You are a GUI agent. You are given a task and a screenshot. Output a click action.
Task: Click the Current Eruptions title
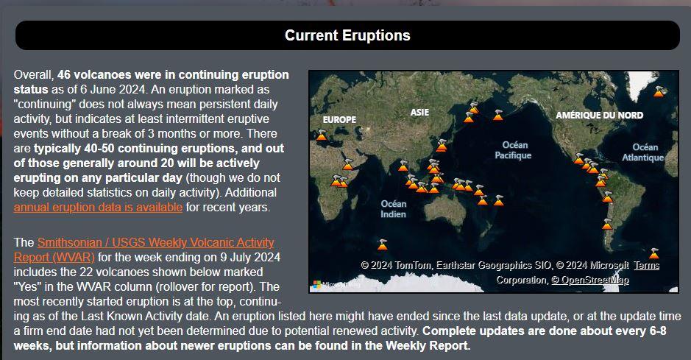[x=347, y=35]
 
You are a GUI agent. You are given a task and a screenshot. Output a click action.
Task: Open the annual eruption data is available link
[x=98, y=207]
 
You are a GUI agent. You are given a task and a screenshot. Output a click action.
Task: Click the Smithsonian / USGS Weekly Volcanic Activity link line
[x=155, y=242]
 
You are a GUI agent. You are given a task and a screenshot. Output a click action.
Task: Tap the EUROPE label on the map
[x=339, y=119]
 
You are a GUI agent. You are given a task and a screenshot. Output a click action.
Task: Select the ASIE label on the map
[x=419, y=113]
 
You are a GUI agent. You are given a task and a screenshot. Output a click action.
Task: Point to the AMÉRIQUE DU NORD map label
[x=599, y=115]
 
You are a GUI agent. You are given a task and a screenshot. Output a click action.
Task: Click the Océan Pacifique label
[x=514, y=150]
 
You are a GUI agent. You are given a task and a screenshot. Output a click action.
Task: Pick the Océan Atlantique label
[x=643, y=152]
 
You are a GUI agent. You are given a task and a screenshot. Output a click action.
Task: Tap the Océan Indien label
[x=394, y=209]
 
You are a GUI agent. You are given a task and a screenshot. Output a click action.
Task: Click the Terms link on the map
[x=647, y=265]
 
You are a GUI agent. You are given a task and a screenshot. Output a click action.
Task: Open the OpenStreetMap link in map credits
[x=590, y=280]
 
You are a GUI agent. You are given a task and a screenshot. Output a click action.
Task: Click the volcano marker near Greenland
[x=659, y=91]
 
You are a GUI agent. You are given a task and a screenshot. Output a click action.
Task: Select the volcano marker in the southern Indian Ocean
[x=383, y=244]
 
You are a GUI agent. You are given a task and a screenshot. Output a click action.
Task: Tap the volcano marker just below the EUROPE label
[x=322, y=135]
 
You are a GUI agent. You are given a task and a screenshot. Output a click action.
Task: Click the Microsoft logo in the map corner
[x=317, y=284]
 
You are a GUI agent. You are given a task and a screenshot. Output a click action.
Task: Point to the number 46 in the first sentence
[x=64, y=74]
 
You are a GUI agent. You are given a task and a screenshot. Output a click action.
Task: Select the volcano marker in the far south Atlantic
[x=654, y=253]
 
